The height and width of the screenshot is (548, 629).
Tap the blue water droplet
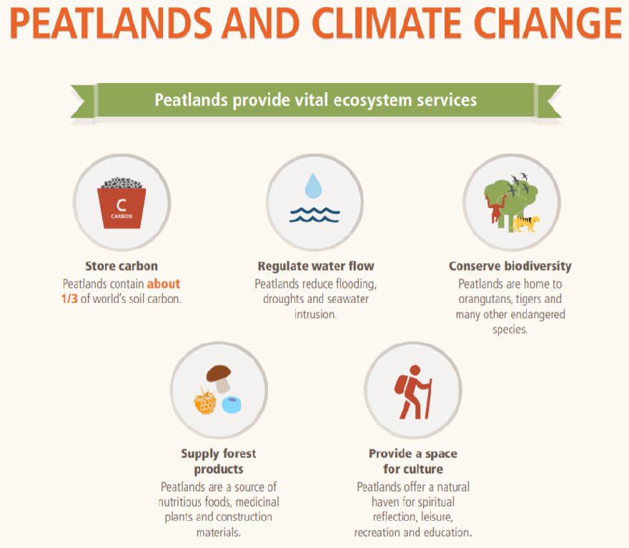313,186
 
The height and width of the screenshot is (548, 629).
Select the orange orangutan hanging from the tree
497,209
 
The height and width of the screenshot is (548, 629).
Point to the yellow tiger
525,224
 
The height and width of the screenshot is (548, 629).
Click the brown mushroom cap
219,373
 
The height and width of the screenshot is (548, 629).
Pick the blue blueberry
232,404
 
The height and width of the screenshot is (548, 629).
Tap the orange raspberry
205,402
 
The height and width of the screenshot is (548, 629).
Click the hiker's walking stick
428,399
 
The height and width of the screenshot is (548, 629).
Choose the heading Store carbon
122,266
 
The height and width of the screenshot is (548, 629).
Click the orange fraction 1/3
69,299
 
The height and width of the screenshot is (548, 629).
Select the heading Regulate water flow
316,266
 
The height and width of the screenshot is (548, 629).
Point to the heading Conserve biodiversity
510,266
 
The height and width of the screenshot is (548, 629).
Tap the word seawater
348,299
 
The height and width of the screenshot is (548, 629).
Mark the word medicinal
257,502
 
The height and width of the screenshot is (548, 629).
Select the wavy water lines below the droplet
315,215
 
